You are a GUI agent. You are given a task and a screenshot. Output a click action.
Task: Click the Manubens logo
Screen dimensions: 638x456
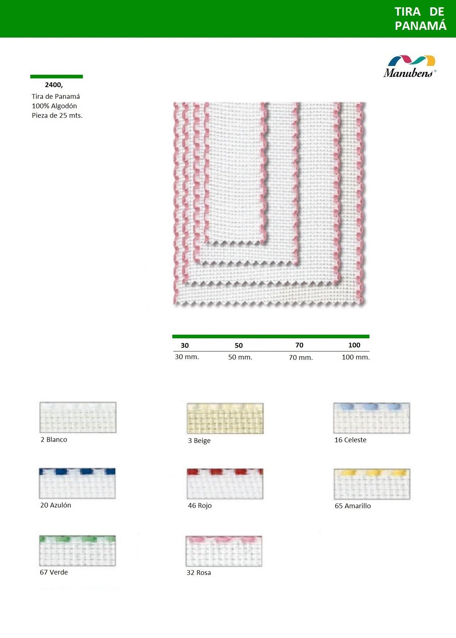pyautogui.click(x=410, y=66)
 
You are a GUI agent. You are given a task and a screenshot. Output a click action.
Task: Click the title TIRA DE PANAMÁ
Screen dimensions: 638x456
pyautogui.click(x=420, y=19)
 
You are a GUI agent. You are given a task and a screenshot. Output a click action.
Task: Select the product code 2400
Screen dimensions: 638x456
pyautogui.click(x=54, y=85)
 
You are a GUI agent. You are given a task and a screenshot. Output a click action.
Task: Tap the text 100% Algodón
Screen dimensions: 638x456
pyautogui.click(x=54, y=106)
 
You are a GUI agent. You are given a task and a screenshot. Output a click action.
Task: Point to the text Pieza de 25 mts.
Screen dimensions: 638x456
pyautogui.click(x=57, y=116)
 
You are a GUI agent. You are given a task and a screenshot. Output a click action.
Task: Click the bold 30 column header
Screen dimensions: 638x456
pyautogui.click(x=185, y=345)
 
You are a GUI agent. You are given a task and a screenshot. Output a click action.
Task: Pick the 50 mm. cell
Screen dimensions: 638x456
pyautogui.click(x=240, y=357)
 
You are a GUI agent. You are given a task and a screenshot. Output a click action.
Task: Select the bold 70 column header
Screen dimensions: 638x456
pyautogui.click(x=299, y=345)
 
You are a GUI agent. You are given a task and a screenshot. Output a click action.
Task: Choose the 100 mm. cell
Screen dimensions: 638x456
pyautogui.click(x=356, y=357)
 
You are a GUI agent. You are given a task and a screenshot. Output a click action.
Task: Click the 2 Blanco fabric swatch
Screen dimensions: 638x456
pyautogui.click(x=78, y=417)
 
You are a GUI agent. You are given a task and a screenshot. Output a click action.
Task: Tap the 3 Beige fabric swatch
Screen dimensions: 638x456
pyautogui.click(x=225, y=418)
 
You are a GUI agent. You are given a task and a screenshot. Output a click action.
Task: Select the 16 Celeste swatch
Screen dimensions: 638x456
pyautogui.click(x=372, y=418)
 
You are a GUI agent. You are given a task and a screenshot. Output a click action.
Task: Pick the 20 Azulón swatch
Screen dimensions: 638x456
pyautogui.click(x=77, y=483)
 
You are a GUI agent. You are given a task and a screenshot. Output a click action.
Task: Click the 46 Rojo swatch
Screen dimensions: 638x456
pyautogui.click(x=225, y=484)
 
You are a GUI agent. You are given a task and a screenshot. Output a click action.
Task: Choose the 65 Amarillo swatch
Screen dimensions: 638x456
pyautogui.click(x=372, y=484)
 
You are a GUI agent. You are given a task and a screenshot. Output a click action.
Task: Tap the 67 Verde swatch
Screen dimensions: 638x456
pyautogui.click(x=77, y=551)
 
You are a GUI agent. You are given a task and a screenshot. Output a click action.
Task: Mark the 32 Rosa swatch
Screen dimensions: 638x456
pyautogui.click(x=224, y=551)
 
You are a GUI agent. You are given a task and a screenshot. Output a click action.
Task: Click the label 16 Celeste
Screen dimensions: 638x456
pyautogui.click(x=350, y=440)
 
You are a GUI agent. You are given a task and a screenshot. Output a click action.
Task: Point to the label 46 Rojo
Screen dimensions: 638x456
pyautogui.click(x=200, y=506)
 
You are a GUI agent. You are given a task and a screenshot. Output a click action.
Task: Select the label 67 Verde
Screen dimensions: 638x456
pyautogui.click(x=54, y=572)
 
